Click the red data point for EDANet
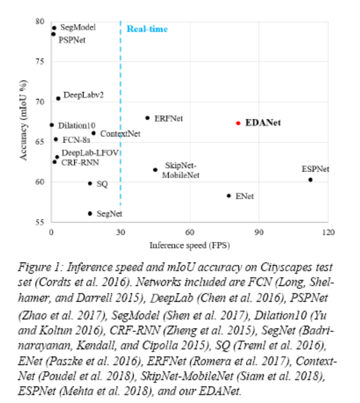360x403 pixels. point(238,123)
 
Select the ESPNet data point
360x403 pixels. point(310,180)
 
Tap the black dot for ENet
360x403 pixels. point(229,196)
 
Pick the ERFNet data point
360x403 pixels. point(148,118)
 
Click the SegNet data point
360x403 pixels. point(90,213)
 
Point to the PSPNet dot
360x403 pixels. point(53,34)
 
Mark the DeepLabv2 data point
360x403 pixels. point(58,98)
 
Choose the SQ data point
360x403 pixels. point(90,183)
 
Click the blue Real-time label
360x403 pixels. point(148,29)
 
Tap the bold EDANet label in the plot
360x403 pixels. point(263,123)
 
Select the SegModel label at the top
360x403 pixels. point(78,27)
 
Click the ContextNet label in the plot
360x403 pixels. point(120,134)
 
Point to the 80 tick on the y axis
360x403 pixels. point(40,22)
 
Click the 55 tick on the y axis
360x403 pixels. point(40,221)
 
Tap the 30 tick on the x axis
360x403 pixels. point(120,232)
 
